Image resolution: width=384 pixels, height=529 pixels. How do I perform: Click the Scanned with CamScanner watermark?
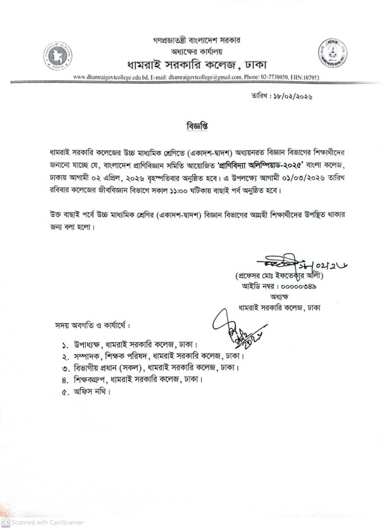point(40,523)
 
